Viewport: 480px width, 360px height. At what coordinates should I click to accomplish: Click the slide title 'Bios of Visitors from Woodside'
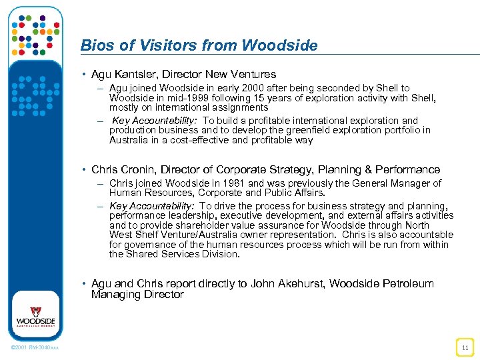[199, 45]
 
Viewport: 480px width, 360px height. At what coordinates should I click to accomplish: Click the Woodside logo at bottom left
[36, 316]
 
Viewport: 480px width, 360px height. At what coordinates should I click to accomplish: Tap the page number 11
[464, 347]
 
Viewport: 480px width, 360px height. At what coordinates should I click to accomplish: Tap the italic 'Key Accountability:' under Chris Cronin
[151, 207]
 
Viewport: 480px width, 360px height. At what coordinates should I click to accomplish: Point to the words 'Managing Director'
[137, 295]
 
